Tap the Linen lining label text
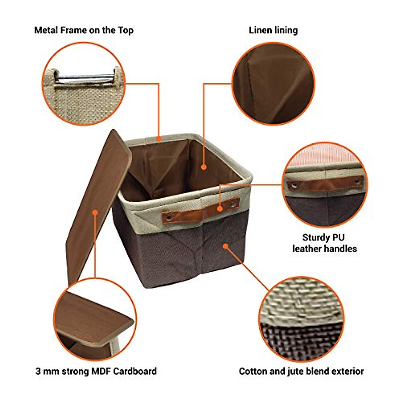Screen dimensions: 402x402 coord(273,30)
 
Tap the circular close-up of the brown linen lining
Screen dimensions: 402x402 coord(273,84)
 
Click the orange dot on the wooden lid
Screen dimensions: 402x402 coord(95,212)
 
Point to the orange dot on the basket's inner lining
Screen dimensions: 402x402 coord(203,166)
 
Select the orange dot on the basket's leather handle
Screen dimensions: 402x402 coord(220,209)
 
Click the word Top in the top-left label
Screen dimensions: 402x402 coord(126,30)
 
